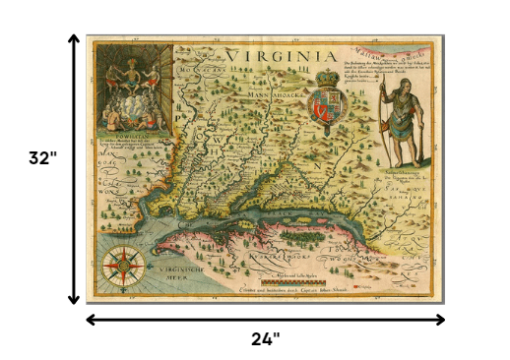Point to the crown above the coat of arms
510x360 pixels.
pos(326,76)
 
